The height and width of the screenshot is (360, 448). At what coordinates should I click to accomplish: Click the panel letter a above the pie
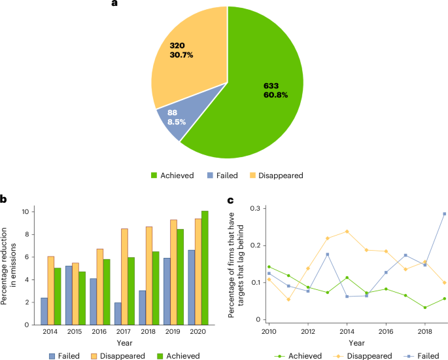point(115,4)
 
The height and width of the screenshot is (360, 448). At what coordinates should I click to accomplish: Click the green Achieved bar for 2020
point(204,268)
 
